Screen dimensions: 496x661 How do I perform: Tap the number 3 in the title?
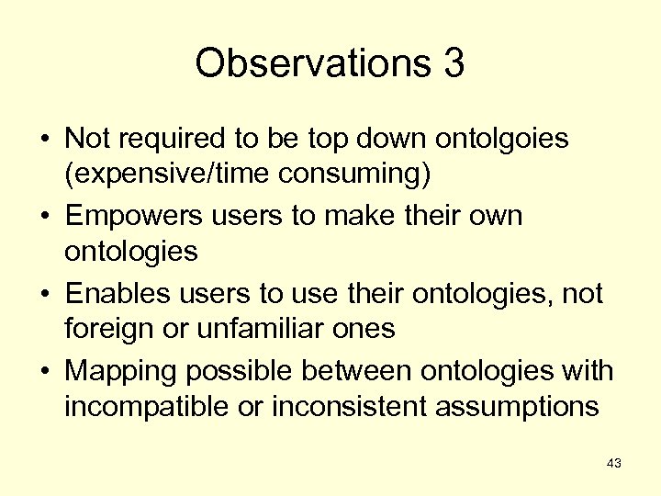click(x=453, y=64)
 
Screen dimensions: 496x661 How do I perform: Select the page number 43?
click(x=614, y=464)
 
